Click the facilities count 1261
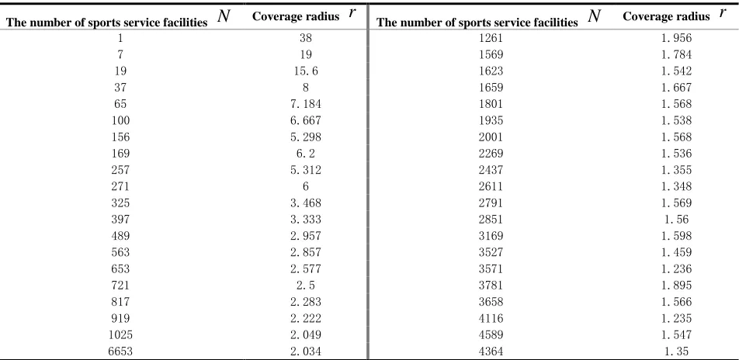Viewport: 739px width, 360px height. click(x=491, y=38)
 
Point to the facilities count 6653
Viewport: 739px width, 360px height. click(x=120, y=351)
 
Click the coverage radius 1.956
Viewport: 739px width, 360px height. click(x=676, y=38)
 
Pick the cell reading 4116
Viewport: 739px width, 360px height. click(x=491, y=318)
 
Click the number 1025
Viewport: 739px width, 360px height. click(x=120, y=334)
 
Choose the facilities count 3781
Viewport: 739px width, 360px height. click(x=491, y=285)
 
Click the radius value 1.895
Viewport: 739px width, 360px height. click(x=676, y=285)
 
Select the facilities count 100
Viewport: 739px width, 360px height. click(x=120, y=120)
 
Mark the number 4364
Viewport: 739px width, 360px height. click(x=491, y=351)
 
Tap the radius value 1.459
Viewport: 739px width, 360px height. click(x=676, y=252)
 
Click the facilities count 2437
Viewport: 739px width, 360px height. click(x=491, y=170)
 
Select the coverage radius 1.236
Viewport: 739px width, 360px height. click(x=676, y=268)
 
